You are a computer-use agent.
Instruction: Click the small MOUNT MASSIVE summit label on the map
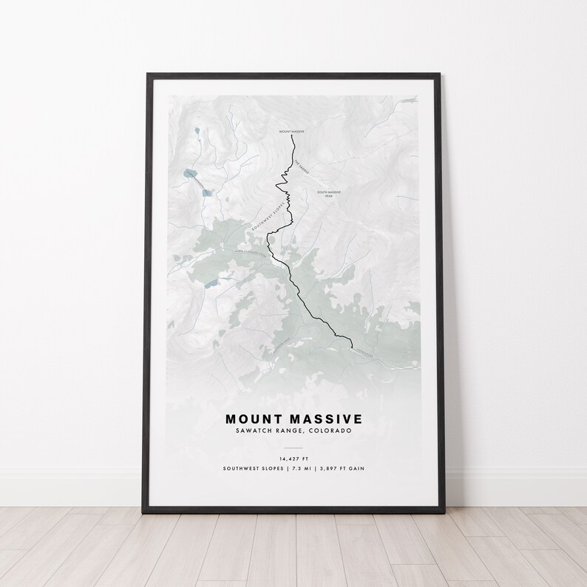[x=292, y=132]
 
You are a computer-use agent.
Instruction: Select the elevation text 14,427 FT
[x=293, y=458]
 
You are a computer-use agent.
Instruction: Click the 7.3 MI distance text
[x=302, y=469]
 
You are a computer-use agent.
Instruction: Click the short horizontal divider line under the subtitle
[x=293, y=447]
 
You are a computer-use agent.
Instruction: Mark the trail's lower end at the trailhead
[x=351, y=345]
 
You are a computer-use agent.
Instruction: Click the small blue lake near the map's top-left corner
[x=196, y=134]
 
